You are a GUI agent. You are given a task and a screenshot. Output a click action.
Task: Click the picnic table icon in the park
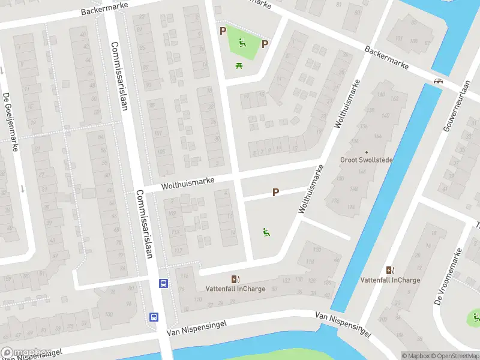(239, 65)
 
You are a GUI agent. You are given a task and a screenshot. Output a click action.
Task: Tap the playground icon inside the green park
(242, 42)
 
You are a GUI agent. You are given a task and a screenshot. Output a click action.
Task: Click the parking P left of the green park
(223, 31)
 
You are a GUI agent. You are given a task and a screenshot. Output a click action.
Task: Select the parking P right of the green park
(265, 44)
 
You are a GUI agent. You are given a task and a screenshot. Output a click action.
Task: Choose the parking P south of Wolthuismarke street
(276, 193)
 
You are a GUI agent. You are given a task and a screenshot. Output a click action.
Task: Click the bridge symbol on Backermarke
(438, 81)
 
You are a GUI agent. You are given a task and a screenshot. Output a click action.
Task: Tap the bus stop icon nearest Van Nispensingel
(154, 317)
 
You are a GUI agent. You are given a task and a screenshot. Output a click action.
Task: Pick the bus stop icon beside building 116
(163, 283)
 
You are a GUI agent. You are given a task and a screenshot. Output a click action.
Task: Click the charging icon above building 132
(235, 279)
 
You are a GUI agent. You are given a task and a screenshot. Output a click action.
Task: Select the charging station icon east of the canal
(391, 271)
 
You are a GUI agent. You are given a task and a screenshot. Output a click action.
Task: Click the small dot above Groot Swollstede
(365, 152)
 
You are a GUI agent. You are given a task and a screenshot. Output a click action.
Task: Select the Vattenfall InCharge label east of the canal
(391, 280)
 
